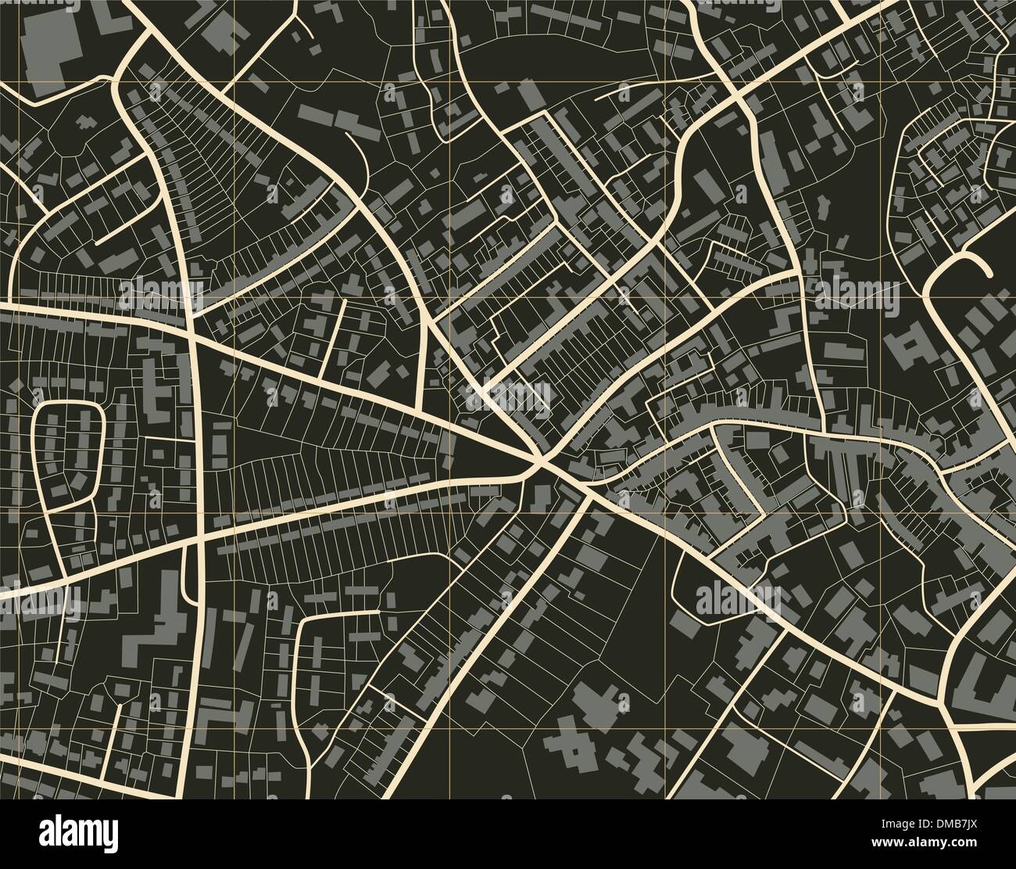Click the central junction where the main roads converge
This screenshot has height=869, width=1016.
point(539,463)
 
